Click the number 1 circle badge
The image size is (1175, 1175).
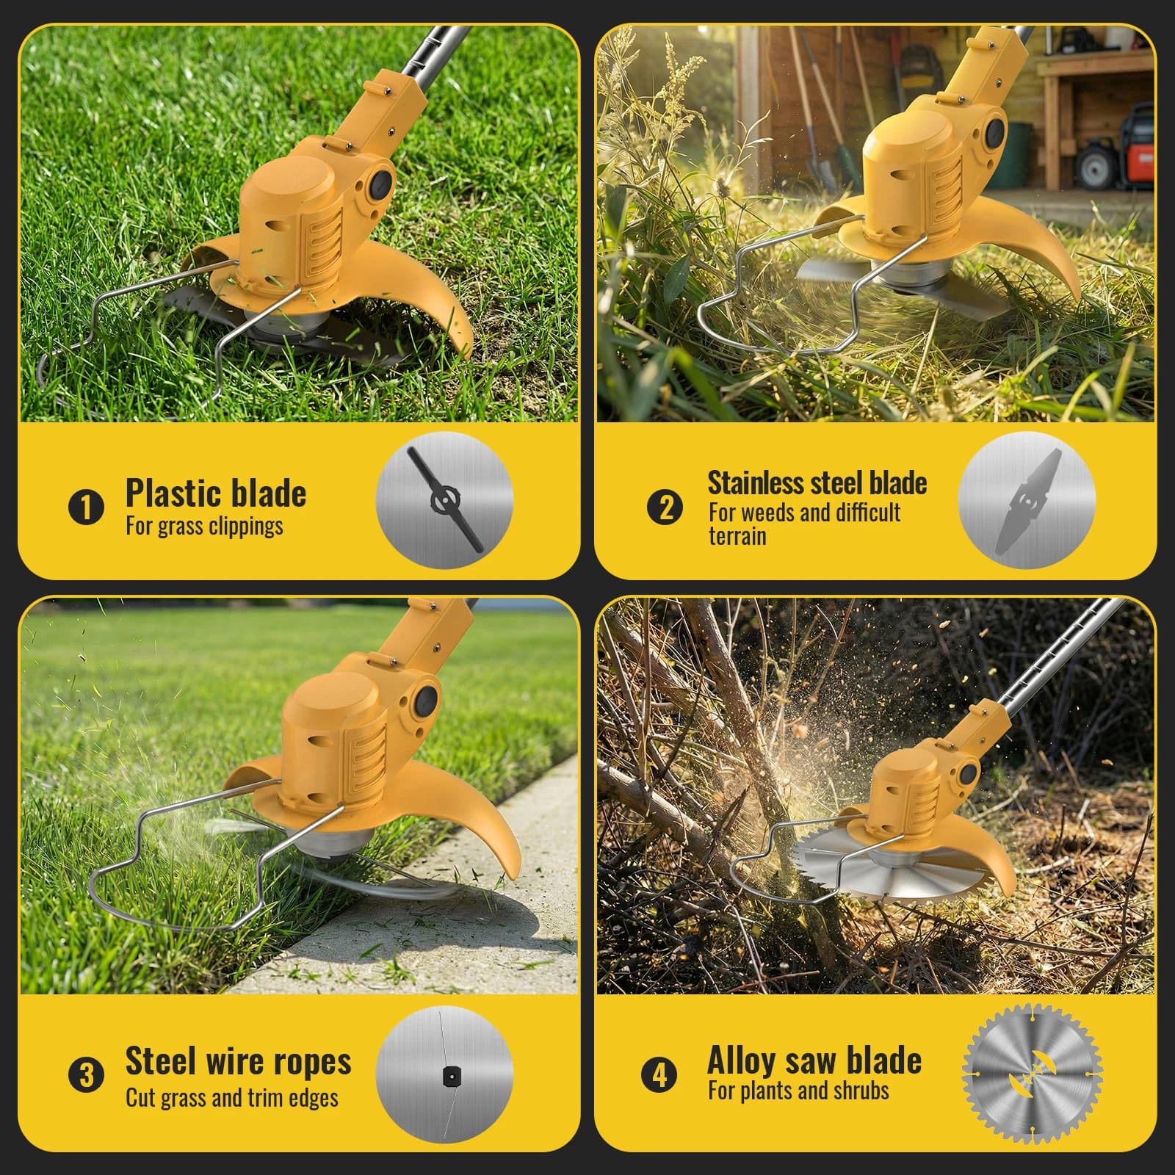click(86, 507)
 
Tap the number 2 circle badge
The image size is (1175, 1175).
click(665, 507)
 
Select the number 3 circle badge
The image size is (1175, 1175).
click(86, 1075)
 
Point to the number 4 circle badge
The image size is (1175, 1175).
click(659, 1075)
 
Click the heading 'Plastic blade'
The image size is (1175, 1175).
click(216, 493)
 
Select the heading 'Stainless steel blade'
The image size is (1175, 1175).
click(817, 482)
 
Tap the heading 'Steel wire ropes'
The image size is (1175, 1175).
click(239, 1060)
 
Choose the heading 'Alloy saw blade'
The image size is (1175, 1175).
click(814, 1060)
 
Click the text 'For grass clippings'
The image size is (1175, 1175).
click(204, 526)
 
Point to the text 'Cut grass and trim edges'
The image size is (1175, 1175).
click(232, 1098)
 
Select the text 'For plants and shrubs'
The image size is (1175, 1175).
click(798, 1091)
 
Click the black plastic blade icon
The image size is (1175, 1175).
click(446, 500)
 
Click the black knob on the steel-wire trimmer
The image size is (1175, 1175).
click(426, 703)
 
